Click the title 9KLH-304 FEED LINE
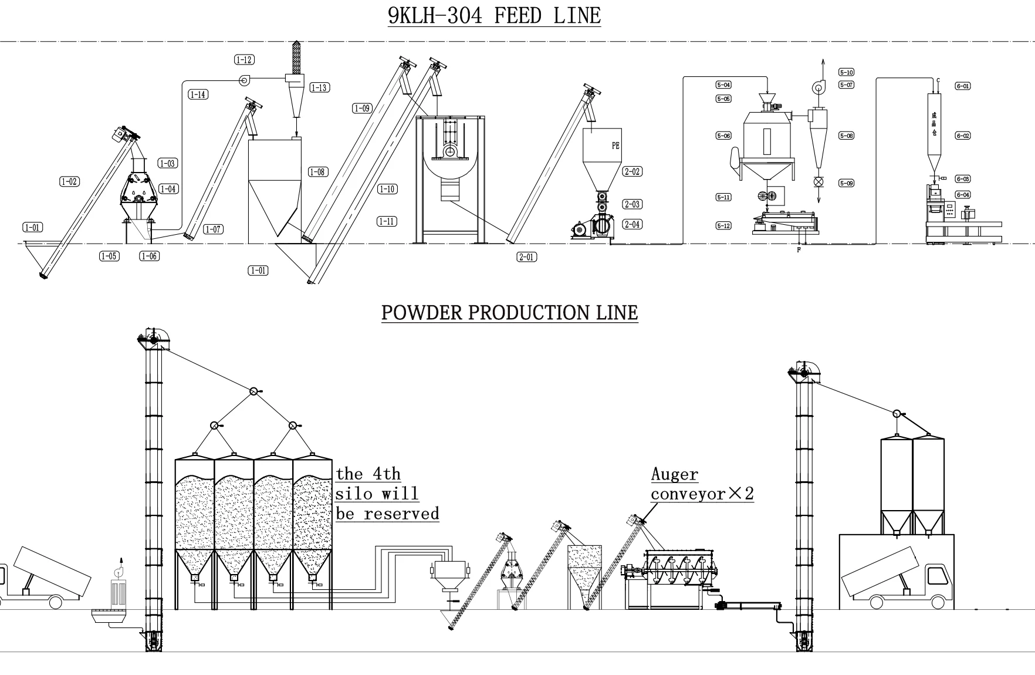(x=494, y=15)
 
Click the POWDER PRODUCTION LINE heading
(x=509, y=312)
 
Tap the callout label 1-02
(x=69, y=181)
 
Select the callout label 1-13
(x=319, y=87)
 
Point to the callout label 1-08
(x=317, y=172)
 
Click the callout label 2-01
(x=526, y=256)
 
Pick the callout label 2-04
(x=632, y=224)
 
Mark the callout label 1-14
(x=198, y=95)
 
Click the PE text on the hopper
(x=615, y=146)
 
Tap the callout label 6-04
(x=963, y=195)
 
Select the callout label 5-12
(x=723, y=225)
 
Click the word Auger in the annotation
(x=675, y=474)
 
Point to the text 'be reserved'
(x=387, y=514)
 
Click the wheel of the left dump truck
(x=56, y=602)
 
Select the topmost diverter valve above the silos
(x=253, y=391)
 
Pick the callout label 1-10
(x=387, y=189)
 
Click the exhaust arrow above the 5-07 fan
(x=822, y=66)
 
